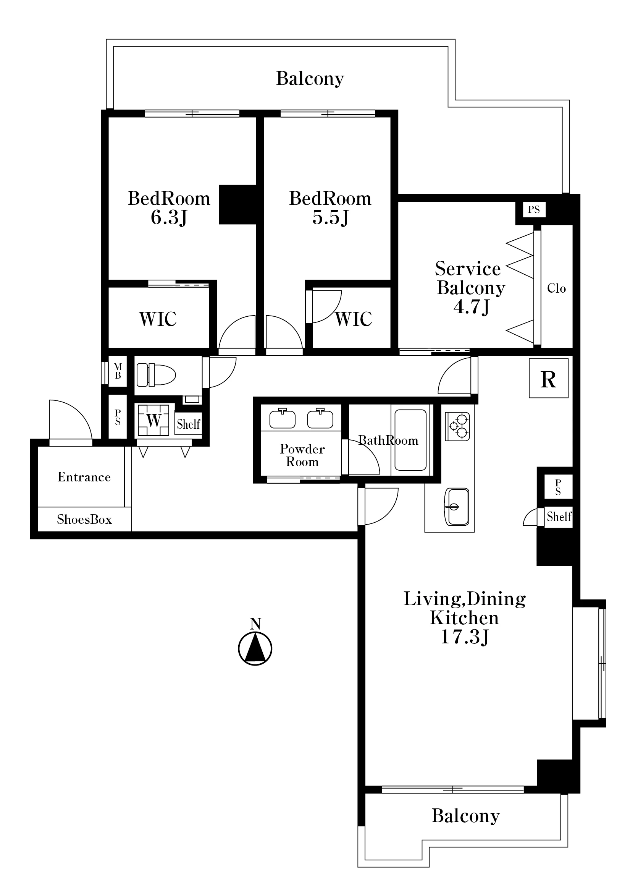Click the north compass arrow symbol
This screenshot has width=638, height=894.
[255, 648]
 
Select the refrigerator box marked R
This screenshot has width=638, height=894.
[548, 378]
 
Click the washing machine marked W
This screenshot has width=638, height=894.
[153, 420]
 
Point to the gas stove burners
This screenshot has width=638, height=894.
[458, 426]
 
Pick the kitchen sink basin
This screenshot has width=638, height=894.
[457, 507]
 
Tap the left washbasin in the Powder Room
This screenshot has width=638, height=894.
[283, 419]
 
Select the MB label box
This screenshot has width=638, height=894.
[118, 371]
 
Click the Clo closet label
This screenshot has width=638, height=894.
[556, 288]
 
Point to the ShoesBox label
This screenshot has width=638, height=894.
[84, 519]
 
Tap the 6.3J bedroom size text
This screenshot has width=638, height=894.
[169, 217]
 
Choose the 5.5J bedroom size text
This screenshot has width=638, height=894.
[330, 217]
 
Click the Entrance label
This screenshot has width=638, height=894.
[84, 477]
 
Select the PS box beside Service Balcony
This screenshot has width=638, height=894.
[534, 209]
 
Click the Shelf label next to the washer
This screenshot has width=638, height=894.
[188, 424]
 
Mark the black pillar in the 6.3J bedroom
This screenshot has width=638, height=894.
[238, 204]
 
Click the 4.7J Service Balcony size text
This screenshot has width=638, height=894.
[472, 307]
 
